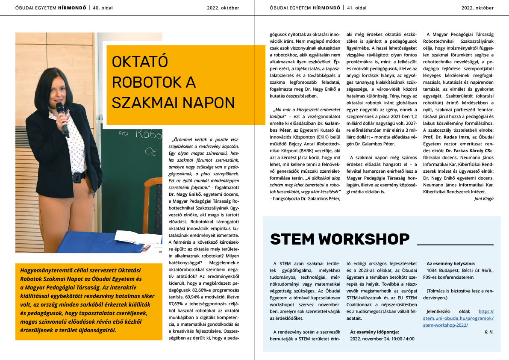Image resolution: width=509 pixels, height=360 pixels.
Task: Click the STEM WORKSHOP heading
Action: click(x=340, y=239)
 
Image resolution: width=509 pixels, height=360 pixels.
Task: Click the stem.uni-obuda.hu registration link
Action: click(x=461, y=318)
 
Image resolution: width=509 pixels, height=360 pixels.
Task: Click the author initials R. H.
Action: click(x=489, y=332)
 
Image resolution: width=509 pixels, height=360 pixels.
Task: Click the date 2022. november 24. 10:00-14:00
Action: click(x=382, y=338)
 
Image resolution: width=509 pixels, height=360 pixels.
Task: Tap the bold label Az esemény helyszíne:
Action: click(x=450, y=263)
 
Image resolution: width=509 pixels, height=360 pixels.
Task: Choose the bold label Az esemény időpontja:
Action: click(x=374, y=331)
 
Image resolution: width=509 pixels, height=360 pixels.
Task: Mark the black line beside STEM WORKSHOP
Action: click(x=455, y=244)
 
